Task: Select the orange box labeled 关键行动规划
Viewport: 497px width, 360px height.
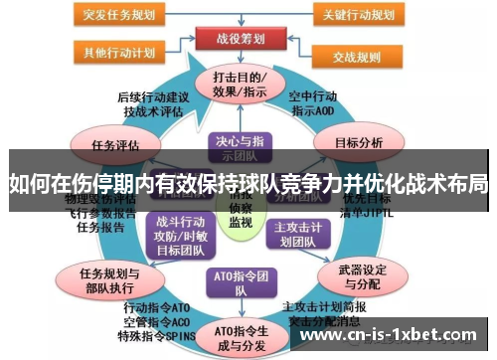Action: [361, 16]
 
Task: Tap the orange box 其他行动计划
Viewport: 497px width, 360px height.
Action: [117, 53]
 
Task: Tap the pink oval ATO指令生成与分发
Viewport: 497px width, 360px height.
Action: [240, 337]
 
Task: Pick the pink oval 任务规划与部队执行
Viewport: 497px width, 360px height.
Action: [110, 280]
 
